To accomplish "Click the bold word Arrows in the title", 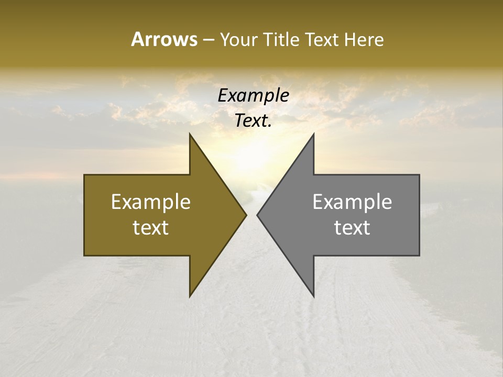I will tap(164, 39).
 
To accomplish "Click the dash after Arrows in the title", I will tap(208, 40).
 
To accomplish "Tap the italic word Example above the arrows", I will tap(253, 96).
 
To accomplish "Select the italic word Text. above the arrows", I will tap(253, 121).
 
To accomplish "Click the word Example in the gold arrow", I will tap(151, 202).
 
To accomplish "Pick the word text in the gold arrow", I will tap(151, 228).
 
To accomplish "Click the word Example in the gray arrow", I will tap(352, 202).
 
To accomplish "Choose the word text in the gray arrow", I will tap(352, 228).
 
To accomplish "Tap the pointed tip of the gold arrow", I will tap(246, 215).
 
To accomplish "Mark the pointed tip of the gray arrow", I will tap(257, 215).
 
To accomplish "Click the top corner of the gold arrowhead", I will tap(190, 134).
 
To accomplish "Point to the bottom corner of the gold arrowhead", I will tap(190, 296).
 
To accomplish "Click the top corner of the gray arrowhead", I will tap(313, 134).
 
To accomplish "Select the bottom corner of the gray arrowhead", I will tap(313, 296).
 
